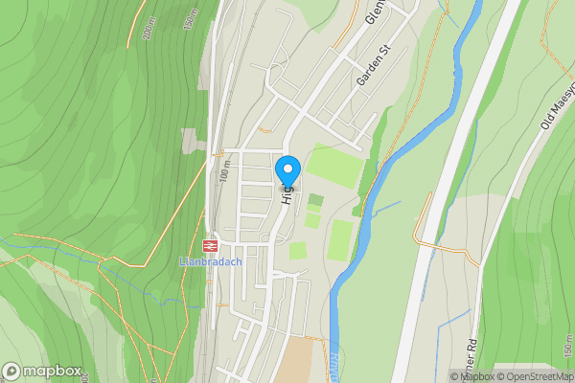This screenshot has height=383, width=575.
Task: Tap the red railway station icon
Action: pos(210,245)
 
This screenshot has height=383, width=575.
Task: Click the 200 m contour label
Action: pos(149,30)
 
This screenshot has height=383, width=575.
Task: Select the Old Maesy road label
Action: pos(555,102)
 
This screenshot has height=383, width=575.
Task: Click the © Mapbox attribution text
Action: pos(471,376)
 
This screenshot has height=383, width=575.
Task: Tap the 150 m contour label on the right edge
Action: pos(567,350)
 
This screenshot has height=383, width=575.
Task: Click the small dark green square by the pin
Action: pos(316,200)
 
